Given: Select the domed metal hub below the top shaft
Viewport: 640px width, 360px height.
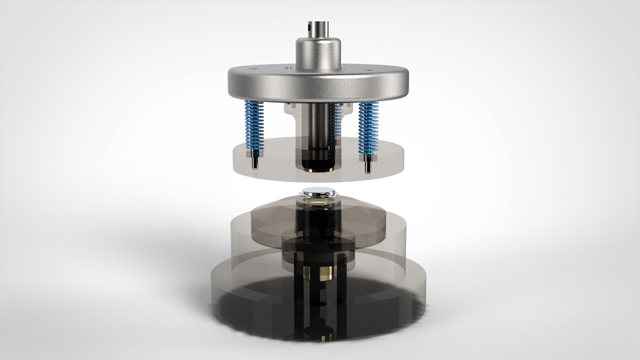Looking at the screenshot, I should (x=319, y=53).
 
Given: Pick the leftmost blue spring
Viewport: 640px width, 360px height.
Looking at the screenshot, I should (x=255, y=127).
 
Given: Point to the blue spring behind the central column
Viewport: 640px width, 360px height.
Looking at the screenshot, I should (x=339, y=120).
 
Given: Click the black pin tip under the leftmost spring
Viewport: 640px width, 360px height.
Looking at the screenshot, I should (x=255, y=161).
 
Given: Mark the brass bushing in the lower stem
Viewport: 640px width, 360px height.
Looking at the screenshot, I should (x=317, y=273).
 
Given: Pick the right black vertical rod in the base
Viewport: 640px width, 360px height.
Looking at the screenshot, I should (x=341, y=313).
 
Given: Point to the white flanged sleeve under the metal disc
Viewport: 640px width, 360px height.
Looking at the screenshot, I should (x=293, y=110).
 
